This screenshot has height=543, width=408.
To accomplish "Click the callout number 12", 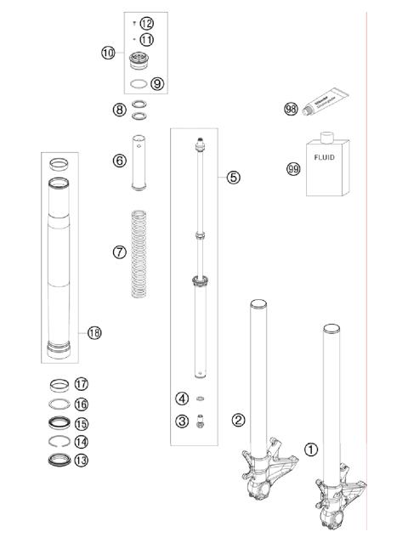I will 147,22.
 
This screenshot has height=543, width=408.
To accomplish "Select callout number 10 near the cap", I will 108,53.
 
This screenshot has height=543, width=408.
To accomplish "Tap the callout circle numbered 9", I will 157,83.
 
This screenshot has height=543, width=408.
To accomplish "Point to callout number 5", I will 234,178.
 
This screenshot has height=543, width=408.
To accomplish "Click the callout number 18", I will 94,333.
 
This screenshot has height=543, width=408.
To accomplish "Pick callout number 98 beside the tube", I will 292,109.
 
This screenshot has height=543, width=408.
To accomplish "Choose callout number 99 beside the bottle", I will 294,168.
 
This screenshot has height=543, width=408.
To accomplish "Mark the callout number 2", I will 239,419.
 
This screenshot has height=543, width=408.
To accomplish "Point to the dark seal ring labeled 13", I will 59,460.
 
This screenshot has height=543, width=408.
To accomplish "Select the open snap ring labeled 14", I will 59,442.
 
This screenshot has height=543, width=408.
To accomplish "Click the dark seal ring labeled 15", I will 59,422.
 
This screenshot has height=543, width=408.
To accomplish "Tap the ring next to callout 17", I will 59,384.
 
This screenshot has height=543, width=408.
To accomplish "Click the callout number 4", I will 183,399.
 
